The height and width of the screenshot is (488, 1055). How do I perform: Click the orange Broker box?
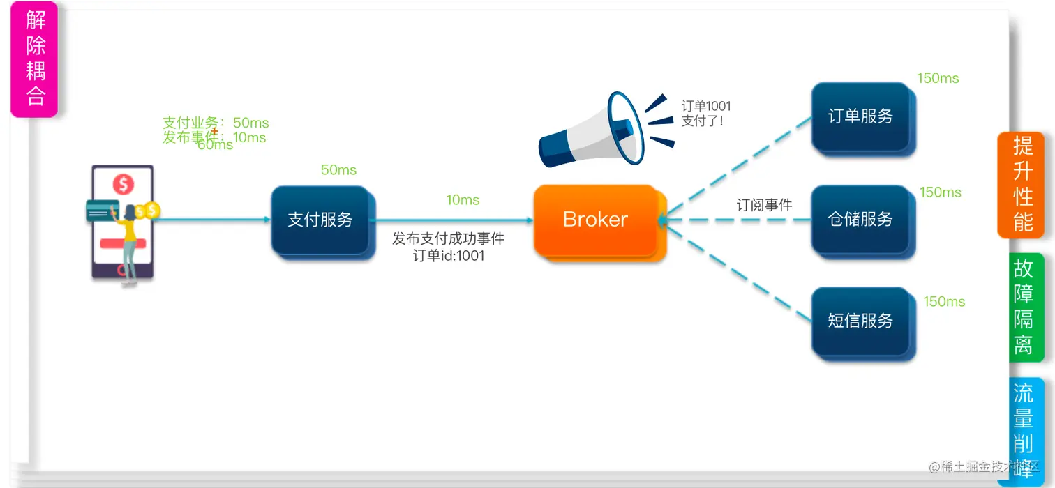point(595,220)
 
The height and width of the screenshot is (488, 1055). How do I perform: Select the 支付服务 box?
point(320,220)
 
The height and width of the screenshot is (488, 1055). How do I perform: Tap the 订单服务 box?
point(860,116)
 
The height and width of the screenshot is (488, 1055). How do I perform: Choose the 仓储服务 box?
point(860,219)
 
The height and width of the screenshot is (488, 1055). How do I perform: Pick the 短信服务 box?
point(860,321)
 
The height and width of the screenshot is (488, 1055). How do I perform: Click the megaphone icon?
point(592,130)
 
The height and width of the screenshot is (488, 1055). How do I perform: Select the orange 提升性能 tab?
point(1022,184)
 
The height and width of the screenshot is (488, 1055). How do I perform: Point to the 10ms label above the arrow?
point(463,200)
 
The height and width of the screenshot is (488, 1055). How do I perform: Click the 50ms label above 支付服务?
point(338,170)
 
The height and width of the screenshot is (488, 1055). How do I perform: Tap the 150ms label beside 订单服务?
point(938,78)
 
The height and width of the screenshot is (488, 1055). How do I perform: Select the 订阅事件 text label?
point(765,205)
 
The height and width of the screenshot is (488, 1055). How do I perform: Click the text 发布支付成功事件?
point(448,239)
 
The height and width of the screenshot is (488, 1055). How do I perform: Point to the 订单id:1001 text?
point(449,256)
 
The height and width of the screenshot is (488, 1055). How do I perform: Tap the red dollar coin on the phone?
point(124,185)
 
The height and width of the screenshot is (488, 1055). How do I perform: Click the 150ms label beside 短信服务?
point(944,302)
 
